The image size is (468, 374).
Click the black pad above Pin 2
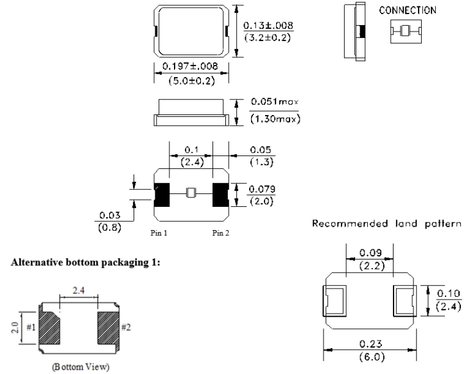[221, 194]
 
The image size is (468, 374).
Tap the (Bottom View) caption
[77, 369]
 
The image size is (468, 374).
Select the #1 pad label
[30, 327]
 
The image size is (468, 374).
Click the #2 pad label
[123, 327]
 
